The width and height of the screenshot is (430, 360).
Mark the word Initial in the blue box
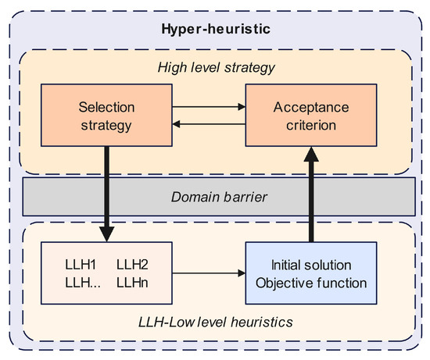[x=288, y=264]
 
